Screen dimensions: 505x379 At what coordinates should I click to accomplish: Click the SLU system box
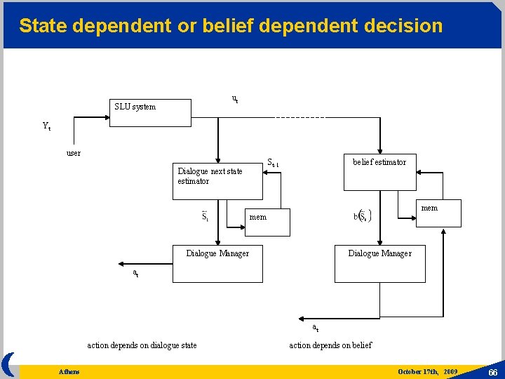[149, 112]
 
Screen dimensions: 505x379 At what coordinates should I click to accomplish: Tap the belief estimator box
[379, 172]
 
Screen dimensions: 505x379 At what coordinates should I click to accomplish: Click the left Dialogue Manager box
[217, 264]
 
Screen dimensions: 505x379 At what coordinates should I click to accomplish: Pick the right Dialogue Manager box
[379, 264]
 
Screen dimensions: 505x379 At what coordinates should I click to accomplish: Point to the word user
[73, 153]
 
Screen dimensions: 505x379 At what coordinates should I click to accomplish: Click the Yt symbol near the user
[46, 127]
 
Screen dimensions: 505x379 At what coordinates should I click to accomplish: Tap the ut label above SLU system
[234, 99]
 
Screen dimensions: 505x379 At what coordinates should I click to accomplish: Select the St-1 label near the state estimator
[273, 164]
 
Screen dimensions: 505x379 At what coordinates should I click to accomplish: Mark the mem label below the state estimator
[258, 217]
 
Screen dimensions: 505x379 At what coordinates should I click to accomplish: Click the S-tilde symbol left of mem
[205, 216]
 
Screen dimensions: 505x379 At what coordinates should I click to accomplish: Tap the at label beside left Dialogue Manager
[136, 272]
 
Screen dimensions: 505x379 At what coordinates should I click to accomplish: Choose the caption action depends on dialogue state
[142, 345]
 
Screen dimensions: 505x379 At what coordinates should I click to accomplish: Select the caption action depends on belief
[330, 345]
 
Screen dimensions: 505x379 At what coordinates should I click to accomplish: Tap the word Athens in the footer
[69, 371]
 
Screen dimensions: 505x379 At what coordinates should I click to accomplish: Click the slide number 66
[492, 371]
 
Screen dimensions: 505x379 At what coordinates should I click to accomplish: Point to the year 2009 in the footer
[450, 371]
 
